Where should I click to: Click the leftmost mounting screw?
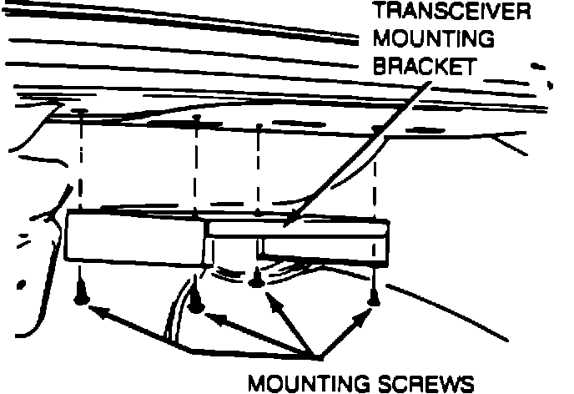coord(82,292)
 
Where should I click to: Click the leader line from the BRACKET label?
coord(359,150)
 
